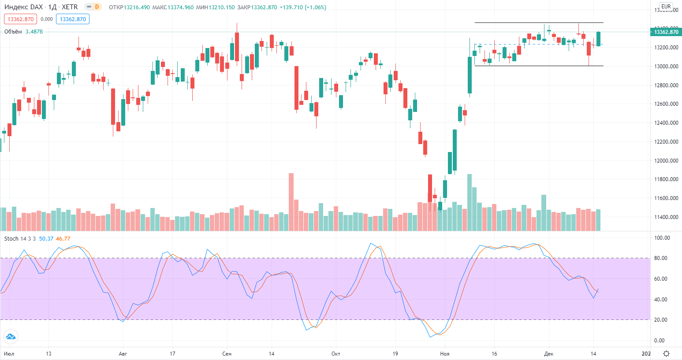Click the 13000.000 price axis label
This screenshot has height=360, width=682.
click(666, 66)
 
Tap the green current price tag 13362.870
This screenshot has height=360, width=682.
click(666, 32)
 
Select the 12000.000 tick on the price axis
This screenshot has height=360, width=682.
click(666, 160)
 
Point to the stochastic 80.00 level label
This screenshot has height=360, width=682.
click(662, 258)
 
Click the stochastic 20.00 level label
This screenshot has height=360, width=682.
click(662, 320)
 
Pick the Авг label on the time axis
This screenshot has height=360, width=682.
click(123, 354)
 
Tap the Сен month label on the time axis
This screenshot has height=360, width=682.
click(227, 354)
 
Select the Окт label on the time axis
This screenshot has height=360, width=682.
click(335, 354)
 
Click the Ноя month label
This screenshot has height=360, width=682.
click(444, 354)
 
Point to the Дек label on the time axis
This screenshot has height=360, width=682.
click(548, 354)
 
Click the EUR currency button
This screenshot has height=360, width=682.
click(666, 7)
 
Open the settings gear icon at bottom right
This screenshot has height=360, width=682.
click(666, 354)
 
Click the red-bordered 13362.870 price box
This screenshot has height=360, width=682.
click(21, 19)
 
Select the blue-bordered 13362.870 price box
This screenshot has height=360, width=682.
click(73, 19)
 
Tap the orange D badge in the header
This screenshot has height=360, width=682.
click(97, 7)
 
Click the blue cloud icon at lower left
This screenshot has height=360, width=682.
click(10, 337)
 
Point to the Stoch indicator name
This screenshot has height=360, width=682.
click(11, 239)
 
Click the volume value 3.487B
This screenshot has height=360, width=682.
click(34, 32)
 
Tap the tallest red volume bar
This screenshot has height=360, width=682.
click(291, 202)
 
